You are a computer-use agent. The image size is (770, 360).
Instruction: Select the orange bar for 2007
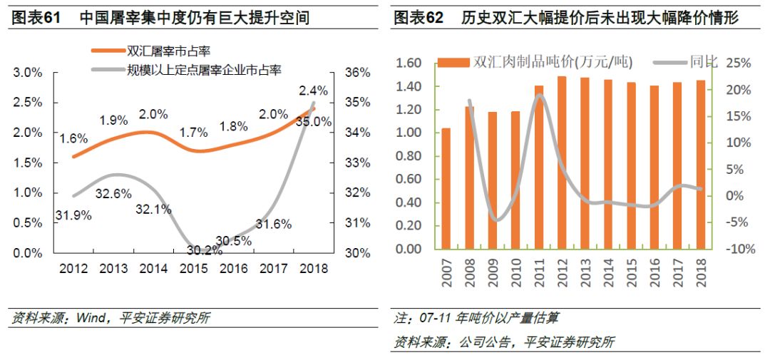446,189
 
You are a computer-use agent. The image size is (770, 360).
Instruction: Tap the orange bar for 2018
702,165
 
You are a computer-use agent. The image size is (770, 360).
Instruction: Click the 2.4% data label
314,91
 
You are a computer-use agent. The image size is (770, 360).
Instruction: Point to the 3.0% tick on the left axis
28,73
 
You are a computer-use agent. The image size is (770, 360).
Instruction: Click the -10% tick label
738,249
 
